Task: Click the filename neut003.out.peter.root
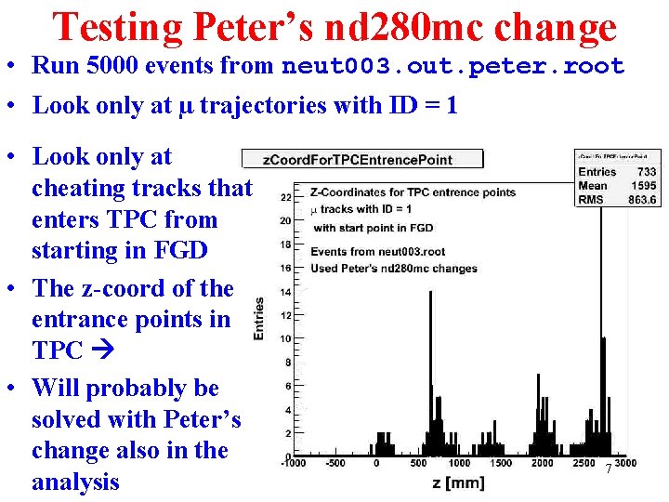(453, 67)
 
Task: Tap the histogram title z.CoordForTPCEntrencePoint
(358, 160)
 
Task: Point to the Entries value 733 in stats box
(647, 172)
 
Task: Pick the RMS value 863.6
(642, 200)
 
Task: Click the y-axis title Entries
(259, 318)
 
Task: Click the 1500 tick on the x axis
(500, 463)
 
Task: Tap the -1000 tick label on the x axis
(293, 463)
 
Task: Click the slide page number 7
(609, 469)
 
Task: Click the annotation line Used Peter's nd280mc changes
(394, 269)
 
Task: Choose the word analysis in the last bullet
(75, 482)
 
